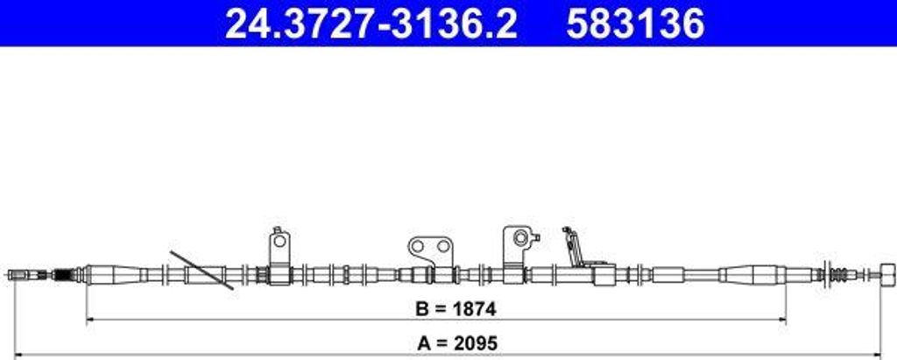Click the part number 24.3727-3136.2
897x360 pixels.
(371, 24)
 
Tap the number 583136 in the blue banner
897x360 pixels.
(635, 24)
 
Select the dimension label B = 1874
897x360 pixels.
(456, 309)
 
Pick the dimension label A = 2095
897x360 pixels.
(457, 343)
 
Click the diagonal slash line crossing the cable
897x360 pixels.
(202, 270)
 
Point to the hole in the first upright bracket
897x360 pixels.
(279, 241)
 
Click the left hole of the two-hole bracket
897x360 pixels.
(418, 247)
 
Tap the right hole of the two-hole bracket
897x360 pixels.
(442, 247)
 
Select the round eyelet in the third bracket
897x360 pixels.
(520, 237)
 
